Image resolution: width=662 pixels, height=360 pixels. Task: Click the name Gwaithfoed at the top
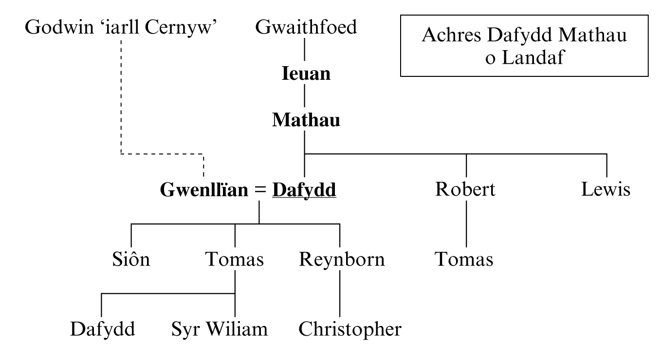point(306,28)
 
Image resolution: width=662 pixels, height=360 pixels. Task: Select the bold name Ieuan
point(306,74)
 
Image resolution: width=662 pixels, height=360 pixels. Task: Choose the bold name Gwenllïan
point(204,190)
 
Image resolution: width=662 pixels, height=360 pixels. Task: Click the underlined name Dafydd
point(304,190)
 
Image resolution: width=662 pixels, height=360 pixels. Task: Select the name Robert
point(465,189)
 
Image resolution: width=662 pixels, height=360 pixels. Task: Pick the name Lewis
point(606,189)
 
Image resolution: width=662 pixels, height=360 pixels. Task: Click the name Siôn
point(129,260)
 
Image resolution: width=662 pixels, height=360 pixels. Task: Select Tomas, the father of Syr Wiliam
point(235,260)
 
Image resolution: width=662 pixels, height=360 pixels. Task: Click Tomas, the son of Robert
point(464,260)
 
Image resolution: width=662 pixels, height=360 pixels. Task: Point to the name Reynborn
point(342,260)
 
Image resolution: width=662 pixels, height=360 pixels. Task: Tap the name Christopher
point(350,329)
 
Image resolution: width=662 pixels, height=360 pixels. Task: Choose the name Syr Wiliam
point(220,329)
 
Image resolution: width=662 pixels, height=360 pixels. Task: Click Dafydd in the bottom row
point(102,329)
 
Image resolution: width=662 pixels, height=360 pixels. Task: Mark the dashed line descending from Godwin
point(121,97)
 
